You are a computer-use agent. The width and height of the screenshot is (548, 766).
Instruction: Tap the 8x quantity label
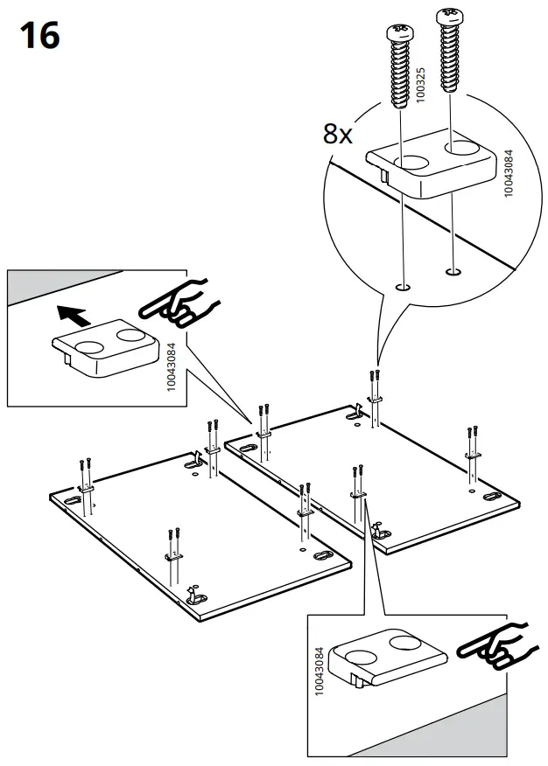point(337,134)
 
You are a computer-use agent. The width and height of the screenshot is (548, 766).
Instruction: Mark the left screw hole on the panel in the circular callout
point(403,286)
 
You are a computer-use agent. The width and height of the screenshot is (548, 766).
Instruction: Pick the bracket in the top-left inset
point(103,348)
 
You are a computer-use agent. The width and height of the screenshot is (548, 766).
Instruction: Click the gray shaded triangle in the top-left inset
point(53,285)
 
